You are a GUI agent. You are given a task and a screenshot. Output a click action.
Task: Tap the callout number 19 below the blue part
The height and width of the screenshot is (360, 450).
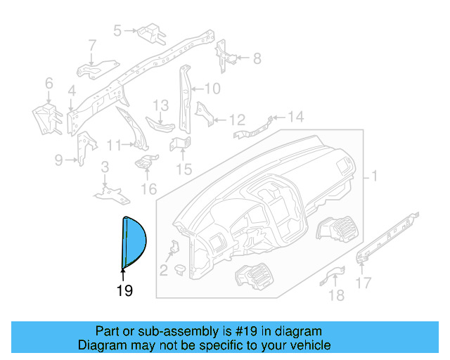coord(124,290)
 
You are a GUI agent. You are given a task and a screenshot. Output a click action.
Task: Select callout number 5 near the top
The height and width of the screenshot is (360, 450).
coord(117,30)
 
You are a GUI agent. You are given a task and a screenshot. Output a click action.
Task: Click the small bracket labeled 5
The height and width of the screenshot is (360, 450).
coord(150,32)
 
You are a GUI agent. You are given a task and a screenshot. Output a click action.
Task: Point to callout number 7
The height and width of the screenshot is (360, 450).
coord(92,46)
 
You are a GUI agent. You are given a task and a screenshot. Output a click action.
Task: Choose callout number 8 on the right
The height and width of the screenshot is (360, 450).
coord(257,58)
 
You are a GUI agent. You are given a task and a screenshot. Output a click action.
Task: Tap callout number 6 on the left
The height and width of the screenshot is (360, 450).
coord(49,84)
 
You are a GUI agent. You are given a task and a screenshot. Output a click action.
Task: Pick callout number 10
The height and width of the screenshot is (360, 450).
coord(213,89)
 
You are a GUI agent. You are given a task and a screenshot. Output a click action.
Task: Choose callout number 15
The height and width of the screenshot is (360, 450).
coord(184,169)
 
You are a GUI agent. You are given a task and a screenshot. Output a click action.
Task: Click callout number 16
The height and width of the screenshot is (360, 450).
coord(148,188)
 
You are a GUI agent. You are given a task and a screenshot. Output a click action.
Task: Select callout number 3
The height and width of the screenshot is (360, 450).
coord(104,167)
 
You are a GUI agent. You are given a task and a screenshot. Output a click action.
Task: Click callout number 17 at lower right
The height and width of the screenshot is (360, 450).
coord(364,283)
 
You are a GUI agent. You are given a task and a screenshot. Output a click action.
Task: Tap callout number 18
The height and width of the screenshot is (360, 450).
coord(337,295)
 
